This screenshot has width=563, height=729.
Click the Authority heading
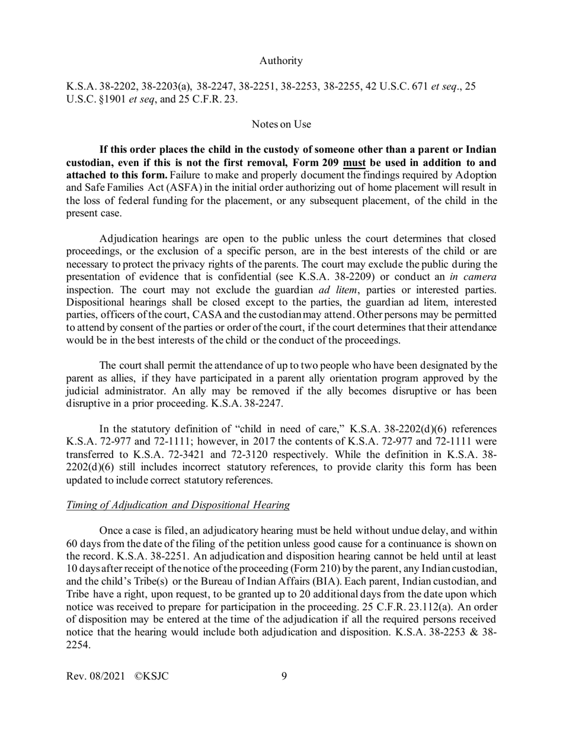click(281, 60)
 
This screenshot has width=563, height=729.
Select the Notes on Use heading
click(281, 124)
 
